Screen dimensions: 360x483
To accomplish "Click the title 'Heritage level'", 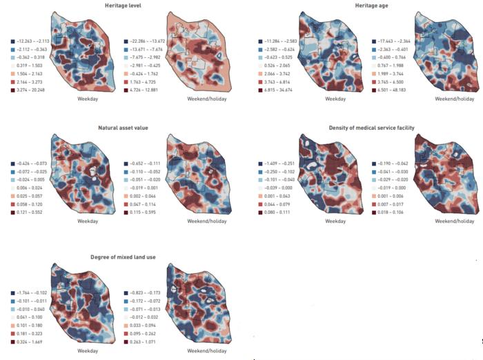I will pos(121,6).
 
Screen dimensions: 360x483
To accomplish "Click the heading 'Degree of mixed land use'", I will pos(121,257).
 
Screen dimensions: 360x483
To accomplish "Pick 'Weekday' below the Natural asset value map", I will pos(88,221).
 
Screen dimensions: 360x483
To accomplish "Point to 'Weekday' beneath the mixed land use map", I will pos(88,350).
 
